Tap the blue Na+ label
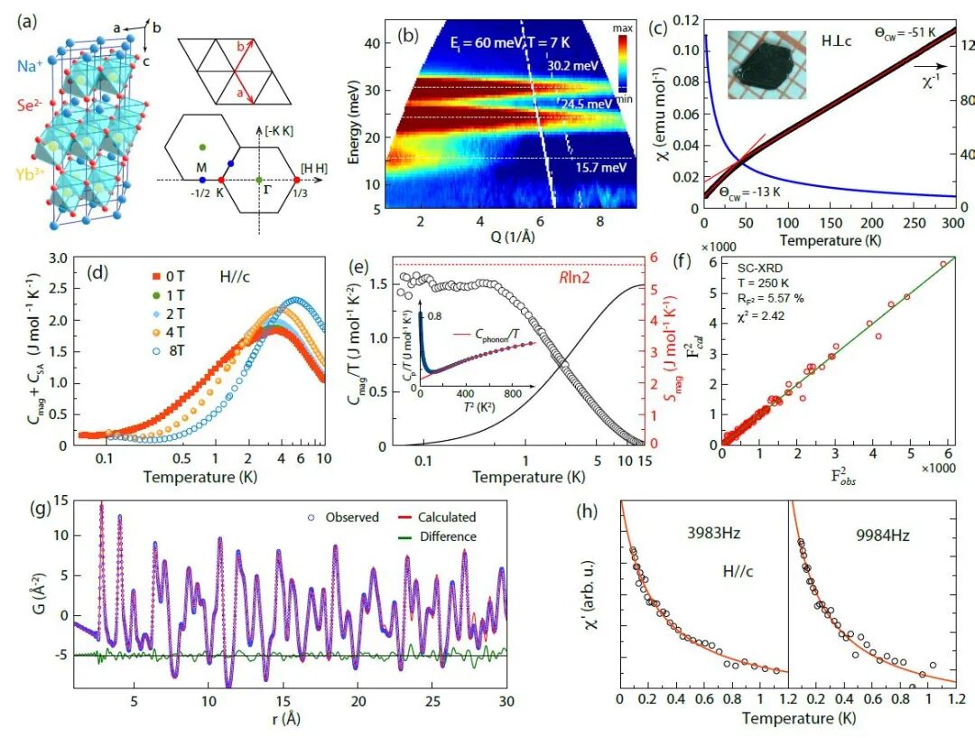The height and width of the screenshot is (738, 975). pyautogui.click(x=25, y=66)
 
